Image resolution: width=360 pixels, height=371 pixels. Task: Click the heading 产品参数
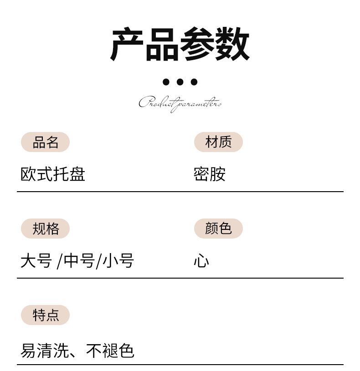(x=180, y=45)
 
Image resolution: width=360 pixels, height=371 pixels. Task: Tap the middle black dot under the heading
(x=180, y=82)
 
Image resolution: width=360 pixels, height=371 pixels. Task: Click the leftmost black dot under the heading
(x=166, y=82)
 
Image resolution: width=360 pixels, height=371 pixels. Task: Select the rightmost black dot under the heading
(x=194, y=82)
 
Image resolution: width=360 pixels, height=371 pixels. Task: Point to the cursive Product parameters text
(x=180, y=103)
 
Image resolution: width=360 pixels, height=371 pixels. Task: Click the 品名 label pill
(x=45, y=142)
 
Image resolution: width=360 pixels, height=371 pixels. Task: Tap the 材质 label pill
(x=218, y=142)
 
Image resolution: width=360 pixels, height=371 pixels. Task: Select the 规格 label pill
(x=45, y=229)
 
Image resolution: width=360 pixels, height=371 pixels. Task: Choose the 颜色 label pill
(x=218, y=229)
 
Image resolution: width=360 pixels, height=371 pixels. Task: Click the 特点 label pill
(x=45, y=315)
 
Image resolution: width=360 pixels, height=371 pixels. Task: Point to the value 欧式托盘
(x=53, y=174)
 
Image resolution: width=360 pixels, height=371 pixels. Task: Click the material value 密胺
(x=210, y=174)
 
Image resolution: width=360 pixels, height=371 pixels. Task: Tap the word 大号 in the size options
(x=36, y=261)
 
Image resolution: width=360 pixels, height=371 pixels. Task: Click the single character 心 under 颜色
(x=201, y=261)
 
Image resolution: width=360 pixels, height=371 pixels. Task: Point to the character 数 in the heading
(x=232, y=45)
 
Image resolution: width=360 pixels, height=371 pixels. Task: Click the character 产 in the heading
(x=128, y=45)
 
